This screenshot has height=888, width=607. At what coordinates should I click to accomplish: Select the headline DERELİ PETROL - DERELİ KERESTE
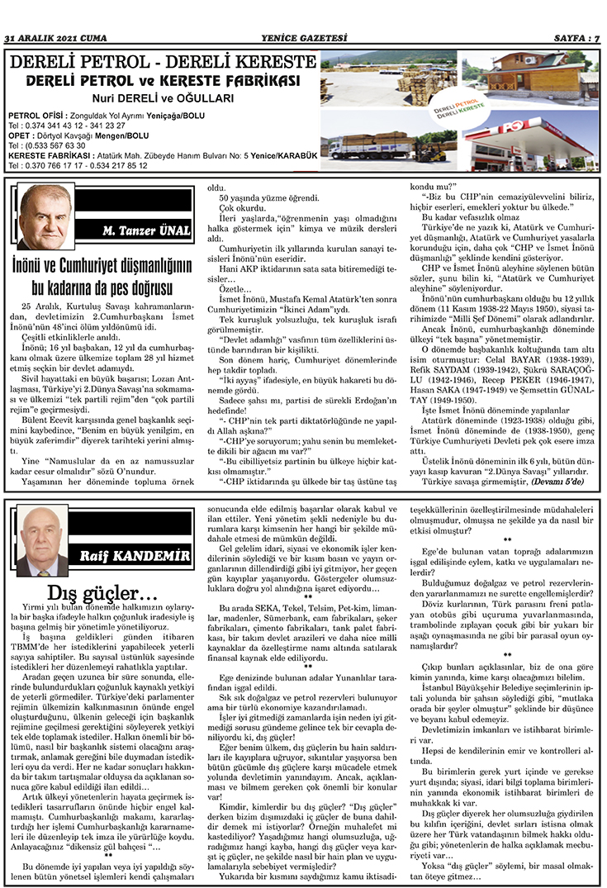[x=162, y=63]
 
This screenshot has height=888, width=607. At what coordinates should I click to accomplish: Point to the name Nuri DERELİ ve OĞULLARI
[x=162, y=97]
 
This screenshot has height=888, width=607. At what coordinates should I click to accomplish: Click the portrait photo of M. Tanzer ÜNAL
[x=45, y=216]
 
